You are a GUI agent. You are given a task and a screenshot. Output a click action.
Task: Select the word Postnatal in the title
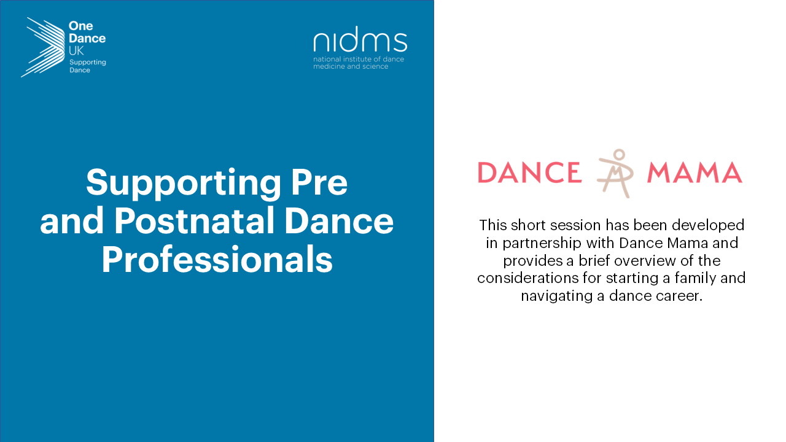click(x=194, y=221)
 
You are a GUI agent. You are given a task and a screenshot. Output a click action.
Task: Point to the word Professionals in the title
click(x=217, y=260)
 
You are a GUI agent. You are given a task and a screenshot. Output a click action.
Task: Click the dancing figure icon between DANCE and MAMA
click(x=615, y=173)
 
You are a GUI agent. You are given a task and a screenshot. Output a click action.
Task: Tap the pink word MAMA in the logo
click(x=695, y=173)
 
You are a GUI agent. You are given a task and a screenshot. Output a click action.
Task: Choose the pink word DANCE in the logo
click(x=530, y=173)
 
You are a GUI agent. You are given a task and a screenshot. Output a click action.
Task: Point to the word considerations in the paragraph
click(x=527, y=278)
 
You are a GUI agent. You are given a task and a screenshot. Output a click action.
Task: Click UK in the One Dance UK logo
click(x=76, y=51)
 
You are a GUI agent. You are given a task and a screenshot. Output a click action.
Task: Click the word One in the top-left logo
click(x=80, y=26)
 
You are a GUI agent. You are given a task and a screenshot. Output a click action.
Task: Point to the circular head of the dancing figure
click(x=620, y=154)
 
